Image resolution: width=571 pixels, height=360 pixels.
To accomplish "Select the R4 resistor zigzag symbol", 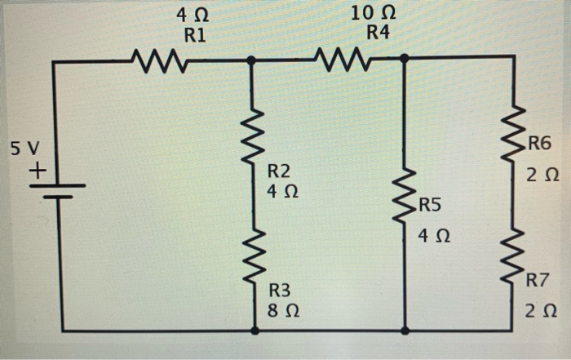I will [343, 59].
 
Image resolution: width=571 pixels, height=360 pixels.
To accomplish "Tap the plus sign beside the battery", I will [37, 172].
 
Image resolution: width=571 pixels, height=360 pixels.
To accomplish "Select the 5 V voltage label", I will [25, 149].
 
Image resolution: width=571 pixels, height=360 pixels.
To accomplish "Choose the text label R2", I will [279, 171].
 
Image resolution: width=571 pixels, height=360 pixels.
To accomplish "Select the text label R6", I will [539, 145].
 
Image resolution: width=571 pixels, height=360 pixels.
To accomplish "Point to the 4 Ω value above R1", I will [193, 14].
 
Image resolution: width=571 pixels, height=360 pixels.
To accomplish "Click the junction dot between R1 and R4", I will [251, 60].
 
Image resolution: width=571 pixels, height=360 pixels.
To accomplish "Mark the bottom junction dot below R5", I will [405, 331].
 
